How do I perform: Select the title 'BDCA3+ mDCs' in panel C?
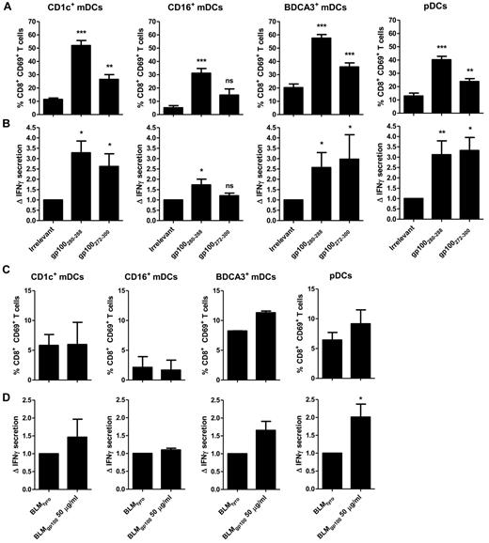click(x=297, y=277)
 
